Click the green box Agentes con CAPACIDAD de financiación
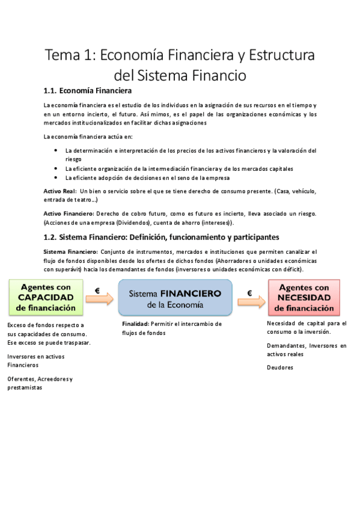coord(46,296)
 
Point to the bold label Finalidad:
coord(135,324)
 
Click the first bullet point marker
coord(56,150)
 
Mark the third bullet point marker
coord(56,177)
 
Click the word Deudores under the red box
coord(279,367)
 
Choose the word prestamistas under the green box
coord(25,388)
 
